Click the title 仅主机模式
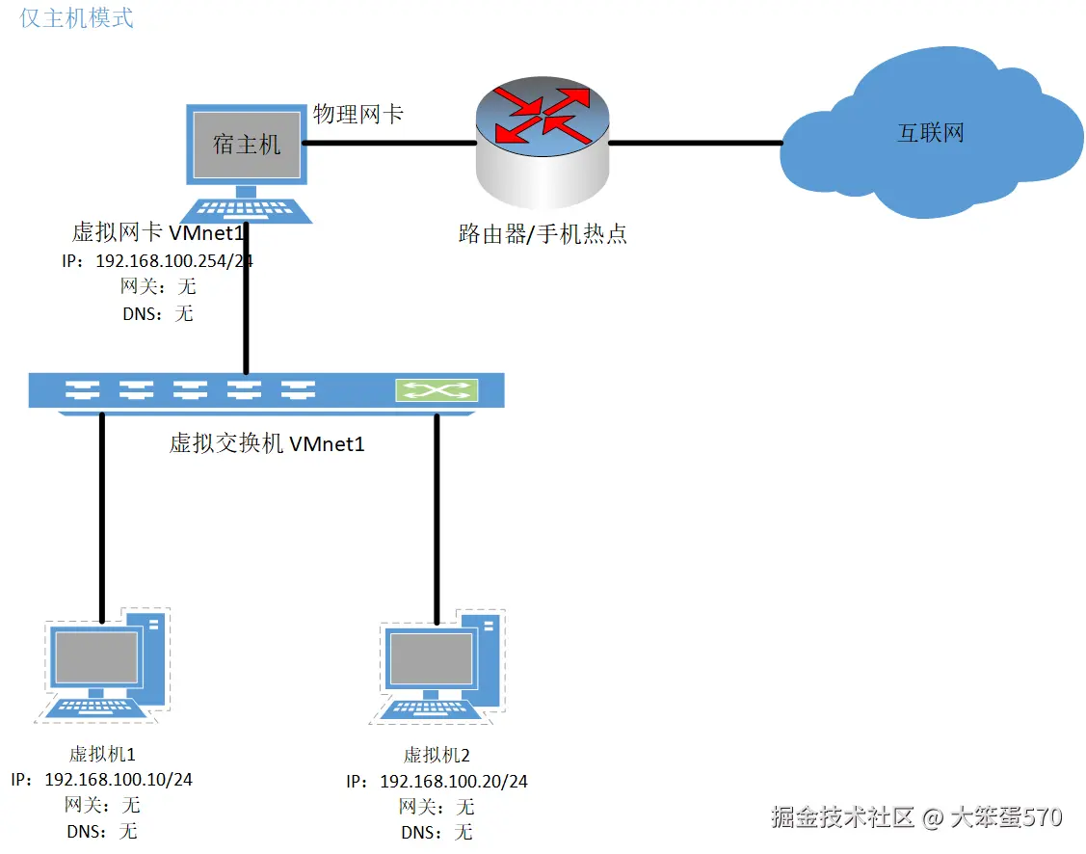pos(76,18)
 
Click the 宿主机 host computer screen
pos(247,144)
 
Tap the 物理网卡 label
pos(358,114)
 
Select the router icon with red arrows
pos(543,143)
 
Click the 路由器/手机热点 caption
pos(543,233)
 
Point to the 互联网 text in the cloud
pos(931,132)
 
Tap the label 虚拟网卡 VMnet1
pos(158,232)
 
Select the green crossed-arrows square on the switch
pos(437,390)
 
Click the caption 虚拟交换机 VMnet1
pos(267,443)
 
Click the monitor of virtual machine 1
pos(96,657)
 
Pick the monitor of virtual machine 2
pos(431,658)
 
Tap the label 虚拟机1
pos(102,754)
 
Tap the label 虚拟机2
pos(437,755)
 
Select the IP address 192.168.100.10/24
pos(119,780)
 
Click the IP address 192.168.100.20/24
pos(454,782)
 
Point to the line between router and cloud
pos(696,143)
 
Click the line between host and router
pos(390,143)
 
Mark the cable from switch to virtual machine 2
pos(437,520)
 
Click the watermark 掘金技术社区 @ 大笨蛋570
pos(916,817)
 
